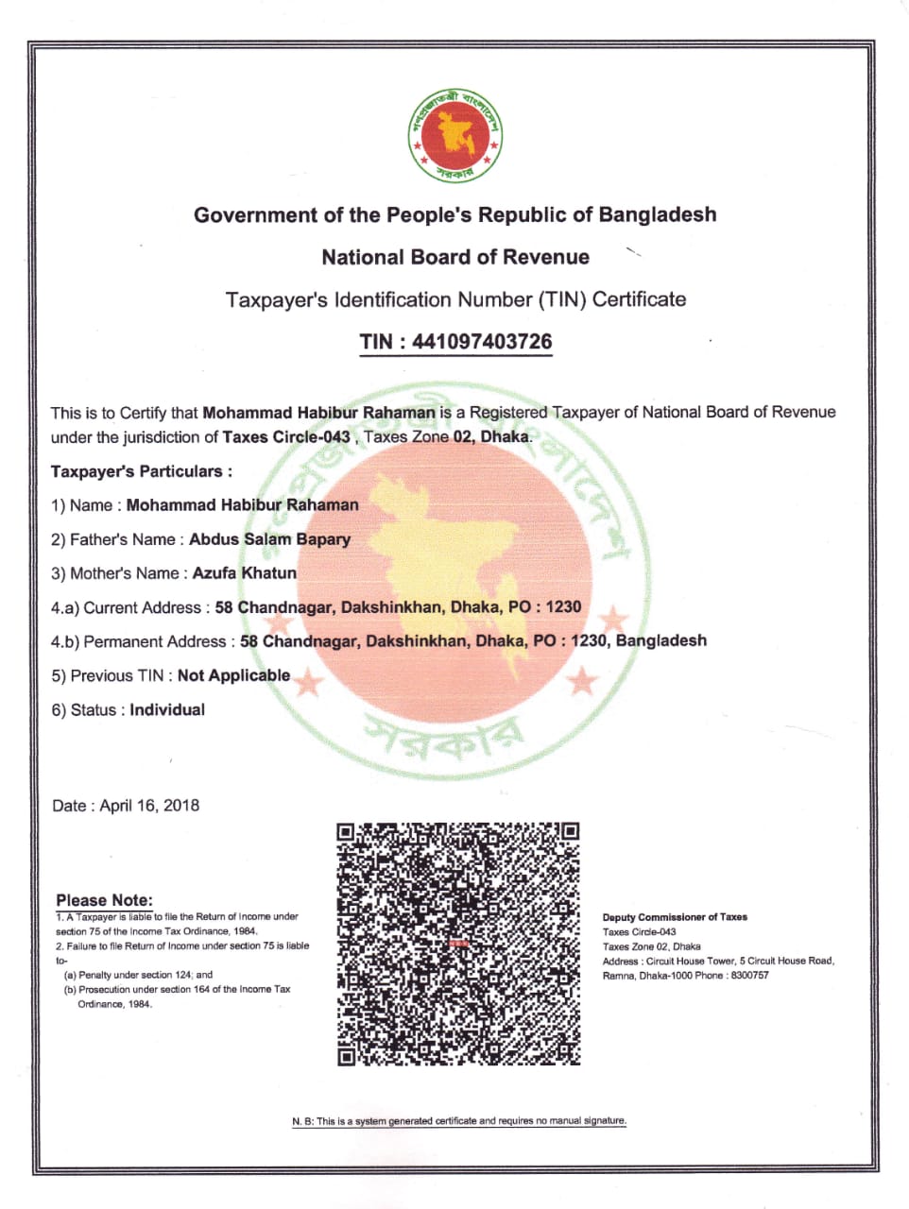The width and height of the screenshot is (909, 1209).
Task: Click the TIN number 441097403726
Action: (482, 342)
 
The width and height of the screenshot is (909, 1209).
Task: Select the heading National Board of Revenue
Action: (454, 257)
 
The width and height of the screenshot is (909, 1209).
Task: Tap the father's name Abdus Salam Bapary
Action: (269, 539)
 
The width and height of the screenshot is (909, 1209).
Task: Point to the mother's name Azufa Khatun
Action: (244, 573)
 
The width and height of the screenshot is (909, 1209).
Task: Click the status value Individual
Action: (167, 709)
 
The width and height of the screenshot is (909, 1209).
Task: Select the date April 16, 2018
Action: (149, 806)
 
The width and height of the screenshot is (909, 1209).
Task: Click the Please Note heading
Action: (104, 900)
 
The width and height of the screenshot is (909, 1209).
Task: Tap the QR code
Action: (458, 945)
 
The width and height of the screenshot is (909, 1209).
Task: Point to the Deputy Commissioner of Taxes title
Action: (675, 917)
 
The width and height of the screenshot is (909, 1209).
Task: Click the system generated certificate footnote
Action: (459, 1121)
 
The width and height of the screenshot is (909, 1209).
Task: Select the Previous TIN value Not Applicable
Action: (233, 675)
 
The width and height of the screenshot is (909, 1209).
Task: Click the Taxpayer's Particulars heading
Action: (141, 471)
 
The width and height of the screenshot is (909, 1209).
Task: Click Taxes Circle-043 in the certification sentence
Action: (286, 436)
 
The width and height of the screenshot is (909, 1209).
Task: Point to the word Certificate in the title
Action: (639, 299)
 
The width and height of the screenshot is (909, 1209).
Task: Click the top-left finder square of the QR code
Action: (347, 832)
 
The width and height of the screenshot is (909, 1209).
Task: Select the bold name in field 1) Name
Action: (242, 505)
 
